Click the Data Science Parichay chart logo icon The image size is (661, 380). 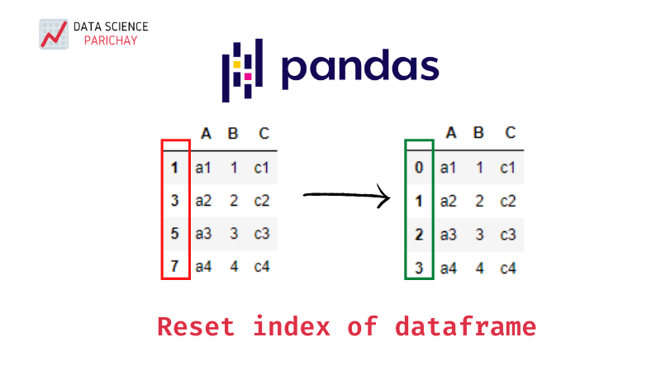pyautogui.click(x=53, y=34)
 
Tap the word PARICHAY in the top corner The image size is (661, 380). pyautogui.click(x=105, y=40)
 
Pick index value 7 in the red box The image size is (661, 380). pyautogui.click(x=174, y=267)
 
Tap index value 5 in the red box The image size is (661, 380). pyautogui.click(x=174, y=234)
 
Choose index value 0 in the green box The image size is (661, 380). pyautogui.click(x=419, y=168)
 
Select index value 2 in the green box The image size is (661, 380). pyautogui.click(x=419, y=234)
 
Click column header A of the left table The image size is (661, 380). pyautogui.click(x=206, y=133)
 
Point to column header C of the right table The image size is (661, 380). pyautogui.click(x=510, y=133)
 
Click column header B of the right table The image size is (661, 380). pyautogui.click(x=478, y=133)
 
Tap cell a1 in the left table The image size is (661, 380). pyautogui.click(x=203, y=168)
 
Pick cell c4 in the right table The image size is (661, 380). pyautogui.click(x=508, y=267)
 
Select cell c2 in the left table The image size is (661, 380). pyautogui.click(x=262, y=201)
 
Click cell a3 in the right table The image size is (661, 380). pyautogui.click(x=448, y=234)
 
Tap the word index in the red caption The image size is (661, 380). pyautogui.click(x=292, y=326)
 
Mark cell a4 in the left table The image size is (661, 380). pyautogui.click(x=203, y=267)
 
